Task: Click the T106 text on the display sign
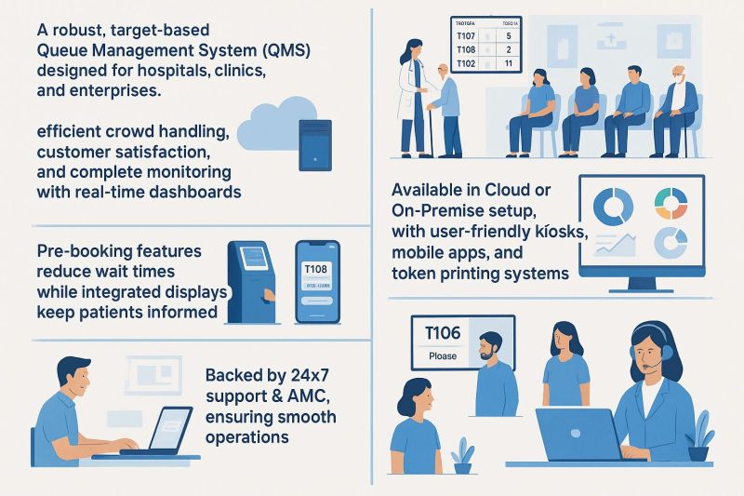(x=442, y=333)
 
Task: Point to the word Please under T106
(x=442, y=355)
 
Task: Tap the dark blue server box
(x=314, y=143)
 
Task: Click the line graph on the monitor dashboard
(x=617, y=245)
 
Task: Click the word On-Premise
(x=443, y=210)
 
